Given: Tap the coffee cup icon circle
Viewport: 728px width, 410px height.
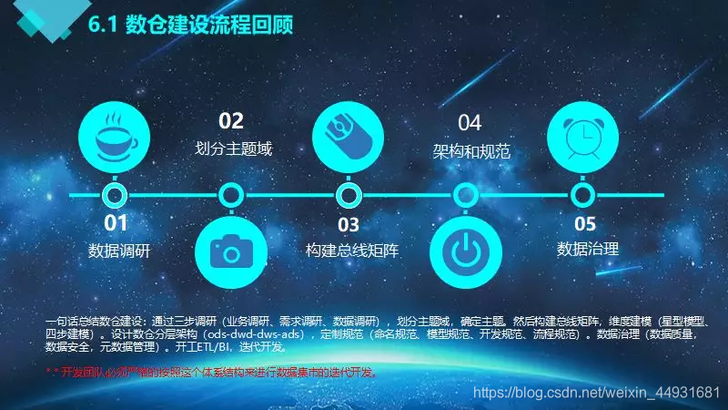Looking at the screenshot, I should click(116, 138).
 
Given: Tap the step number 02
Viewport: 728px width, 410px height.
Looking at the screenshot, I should click(232, 121).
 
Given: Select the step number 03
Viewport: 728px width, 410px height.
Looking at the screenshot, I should click(348, 223).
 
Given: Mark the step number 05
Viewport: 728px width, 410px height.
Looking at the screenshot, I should click(585, 223).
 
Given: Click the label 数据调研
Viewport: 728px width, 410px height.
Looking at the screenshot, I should click(118, 250).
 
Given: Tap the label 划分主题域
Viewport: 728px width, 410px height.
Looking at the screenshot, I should click(234, 149).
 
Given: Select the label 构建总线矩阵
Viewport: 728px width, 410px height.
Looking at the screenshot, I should click(352, 250).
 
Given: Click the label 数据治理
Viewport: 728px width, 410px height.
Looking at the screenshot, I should click(587, 249).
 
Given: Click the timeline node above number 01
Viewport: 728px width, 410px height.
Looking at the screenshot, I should click(115, 195).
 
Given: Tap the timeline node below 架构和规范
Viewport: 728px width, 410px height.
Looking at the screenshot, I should click(466, 195).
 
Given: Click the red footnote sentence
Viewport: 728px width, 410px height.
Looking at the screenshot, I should click(211, 373).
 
